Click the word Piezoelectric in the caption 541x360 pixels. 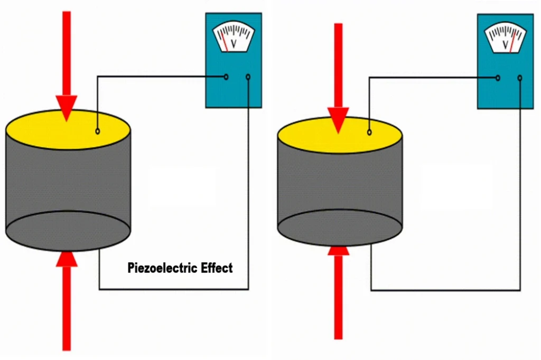click(163, 268)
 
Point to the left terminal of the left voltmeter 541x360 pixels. click(226, 77)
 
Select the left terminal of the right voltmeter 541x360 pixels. click(498, 78)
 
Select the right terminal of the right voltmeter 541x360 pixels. click(520, 78)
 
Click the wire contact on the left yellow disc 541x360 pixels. click(98, 130)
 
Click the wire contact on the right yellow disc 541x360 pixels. click(369, 132)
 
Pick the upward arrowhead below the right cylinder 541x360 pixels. click(338, 249)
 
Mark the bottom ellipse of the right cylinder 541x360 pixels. click(340, 227)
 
